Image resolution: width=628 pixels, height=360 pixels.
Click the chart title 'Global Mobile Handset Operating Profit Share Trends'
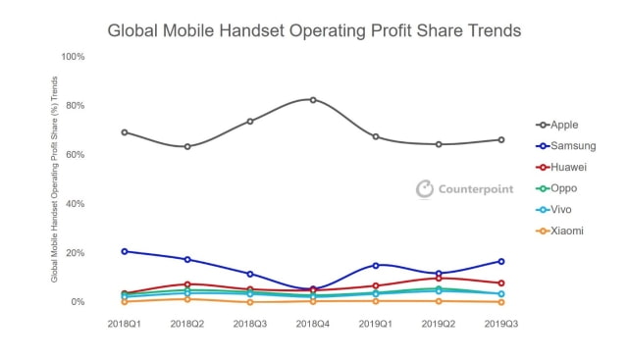(x=314, y=30)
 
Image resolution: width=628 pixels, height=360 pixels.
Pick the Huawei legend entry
(x=568, y=168)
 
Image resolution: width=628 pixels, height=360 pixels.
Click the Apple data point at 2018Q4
(x=313, y=100)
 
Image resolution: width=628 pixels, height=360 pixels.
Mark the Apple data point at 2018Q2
(x=187, y=147)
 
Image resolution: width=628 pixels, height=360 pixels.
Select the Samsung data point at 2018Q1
(x=125, y=251)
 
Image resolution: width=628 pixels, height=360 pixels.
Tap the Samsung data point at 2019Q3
(x=501, y=261)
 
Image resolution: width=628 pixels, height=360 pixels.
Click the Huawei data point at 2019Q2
(x=439, y=278)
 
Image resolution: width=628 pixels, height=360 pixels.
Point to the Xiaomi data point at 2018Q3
(x=250, y=302)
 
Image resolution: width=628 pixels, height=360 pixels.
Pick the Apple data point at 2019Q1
(x=376, y=136)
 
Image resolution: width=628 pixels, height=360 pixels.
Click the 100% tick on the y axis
(x=74, y=57)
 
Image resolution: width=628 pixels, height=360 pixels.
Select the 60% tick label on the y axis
(x=76, y=155)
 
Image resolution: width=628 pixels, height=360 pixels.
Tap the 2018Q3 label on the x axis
(x=250, y=323)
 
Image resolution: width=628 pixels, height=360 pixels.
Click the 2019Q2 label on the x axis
(x=439, y=323)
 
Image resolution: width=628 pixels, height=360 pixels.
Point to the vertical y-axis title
(x=55, y=180)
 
